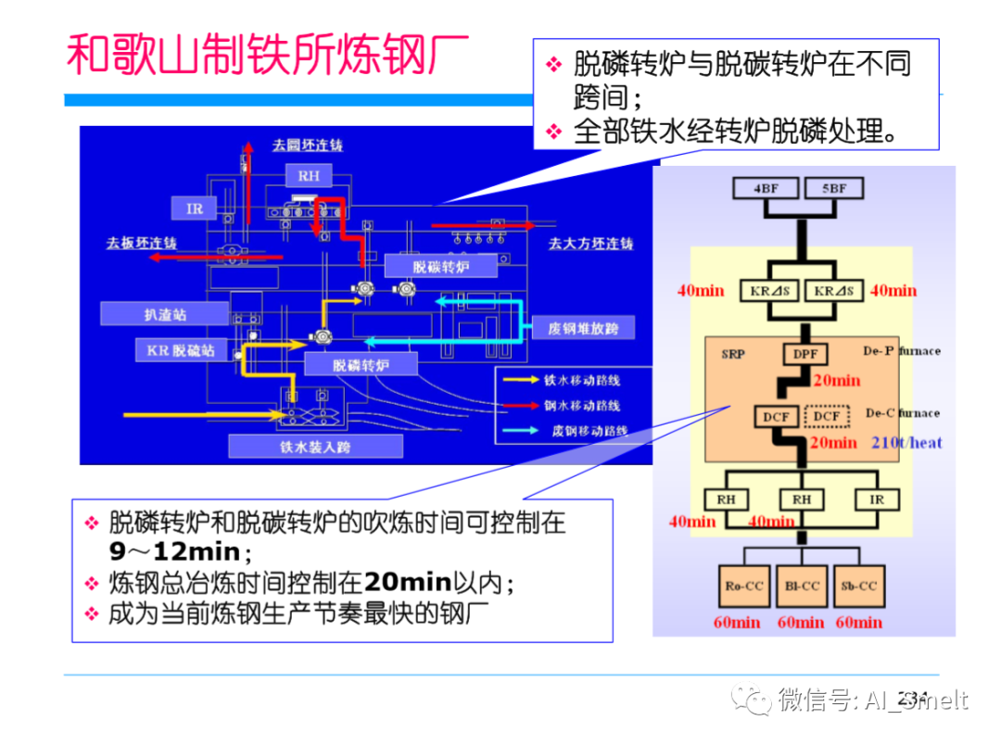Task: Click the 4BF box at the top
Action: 766,189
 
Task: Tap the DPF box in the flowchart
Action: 801,353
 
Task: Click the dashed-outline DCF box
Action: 827,416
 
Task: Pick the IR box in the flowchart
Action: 876,499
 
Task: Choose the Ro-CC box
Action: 743,586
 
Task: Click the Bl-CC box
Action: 802,586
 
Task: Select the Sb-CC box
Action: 858,586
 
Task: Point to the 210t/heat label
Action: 906,443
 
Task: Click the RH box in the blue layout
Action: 308,176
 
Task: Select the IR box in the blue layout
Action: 195,208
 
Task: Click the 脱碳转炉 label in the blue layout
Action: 440,267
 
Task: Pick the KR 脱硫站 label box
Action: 181,350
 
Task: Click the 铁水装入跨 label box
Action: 316,446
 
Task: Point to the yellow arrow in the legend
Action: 521,379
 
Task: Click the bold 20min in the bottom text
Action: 407,581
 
